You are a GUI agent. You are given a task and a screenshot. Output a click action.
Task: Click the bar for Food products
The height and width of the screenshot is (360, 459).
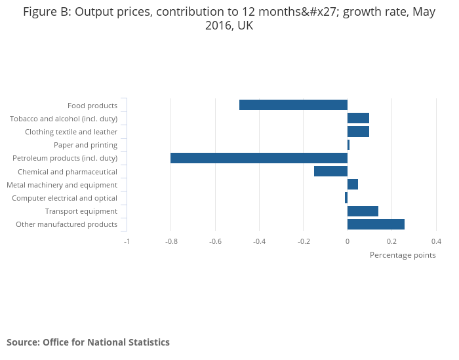293,105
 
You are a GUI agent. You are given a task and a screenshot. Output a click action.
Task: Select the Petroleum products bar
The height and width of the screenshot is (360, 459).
259,158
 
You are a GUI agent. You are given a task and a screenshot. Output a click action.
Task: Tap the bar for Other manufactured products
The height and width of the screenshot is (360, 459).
376,224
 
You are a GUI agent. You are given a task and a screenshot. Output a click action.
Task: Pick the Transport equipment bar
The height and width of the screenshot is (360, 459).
363,211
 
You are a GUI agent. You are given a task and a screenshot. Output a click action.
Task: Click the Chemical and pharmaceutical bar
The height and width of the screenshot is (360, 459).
330,171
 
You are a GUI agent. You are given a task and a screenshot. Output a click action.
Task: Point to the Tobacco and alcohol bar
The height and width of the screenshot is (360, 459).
358,118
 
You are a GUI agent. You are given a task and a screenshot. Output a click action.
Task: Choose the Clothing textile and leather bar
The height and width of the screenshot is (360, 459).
358,131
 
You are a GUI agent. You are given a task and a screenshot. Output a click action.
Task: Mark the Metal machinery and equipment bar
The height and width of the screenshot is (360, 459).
353,184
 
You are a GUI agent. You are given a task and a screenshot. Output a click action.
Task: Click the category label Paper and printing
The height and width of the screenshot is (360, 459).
85,145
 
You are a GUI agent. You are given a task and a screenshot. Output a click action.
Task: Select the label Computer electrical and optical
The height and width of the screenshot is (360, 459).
64,198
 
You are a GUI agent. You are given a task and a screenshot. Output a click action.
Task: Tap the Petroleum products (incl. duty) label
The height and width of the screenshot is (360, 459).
65,158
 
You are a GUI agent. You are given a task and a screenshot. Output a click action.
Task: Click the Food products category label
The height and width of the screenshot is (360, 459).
92,106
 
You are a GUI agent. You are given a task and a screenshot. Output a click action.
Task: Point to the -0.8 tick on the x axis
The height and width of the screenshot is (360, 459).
170,241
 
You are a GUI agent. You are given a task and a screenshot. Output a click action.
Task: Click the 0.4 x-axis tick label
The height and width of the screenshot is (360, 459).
436,241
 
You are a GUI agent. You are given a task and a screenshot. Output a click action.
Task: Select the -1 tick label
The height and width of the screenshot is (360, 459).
127,241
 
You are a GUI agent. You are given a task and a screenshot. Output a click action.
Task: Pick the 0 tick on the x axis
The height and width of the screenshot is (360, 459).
348,241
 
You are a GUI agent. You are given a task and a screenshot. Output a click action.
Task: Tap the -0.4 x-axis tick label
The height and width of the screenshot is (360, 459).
259,241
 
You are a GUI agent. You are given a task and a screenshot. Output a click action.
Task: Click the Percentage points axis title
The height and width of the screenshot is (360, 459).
403,255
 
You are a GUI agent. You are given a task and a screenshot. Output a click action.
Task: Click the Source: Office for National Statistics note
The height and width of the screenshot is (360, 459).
88,342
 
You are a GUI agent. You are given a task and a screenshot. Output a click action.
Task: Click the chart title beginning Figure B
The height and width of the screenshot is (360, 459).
229,19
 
